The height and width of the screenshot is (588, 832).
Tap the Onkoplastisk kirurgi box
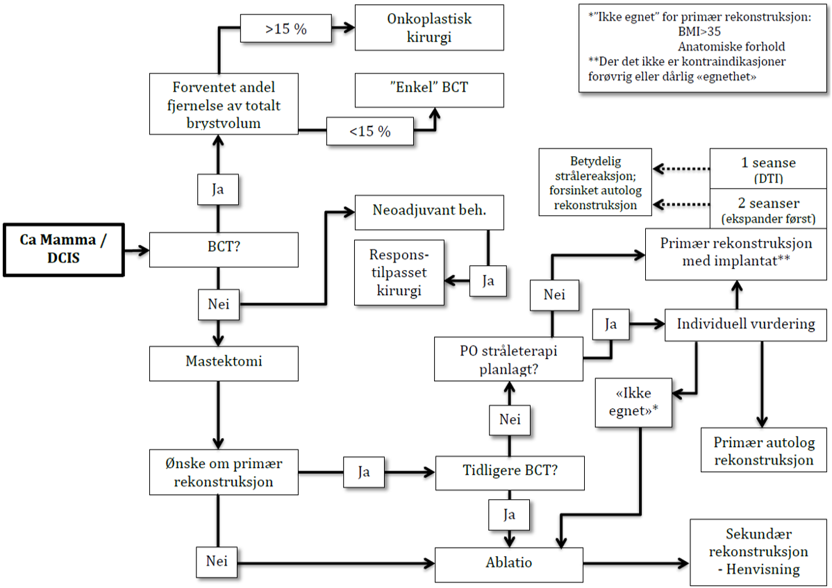pos(429,28)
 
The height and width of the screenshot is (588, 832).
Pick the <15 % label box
pos(369,131)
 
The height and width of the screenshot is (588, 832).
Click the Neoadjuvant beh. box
pos(429,212)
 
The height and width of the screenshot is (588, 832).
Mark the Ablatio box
pos(509,563)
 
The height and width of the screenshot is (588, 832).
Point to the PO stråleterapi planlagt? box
pos(509,360)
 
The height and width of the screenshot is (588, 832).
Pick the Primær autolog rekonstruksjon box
pos(763,451)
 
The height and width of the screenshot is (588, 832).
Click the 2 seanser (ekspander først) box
pos(763,208)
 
